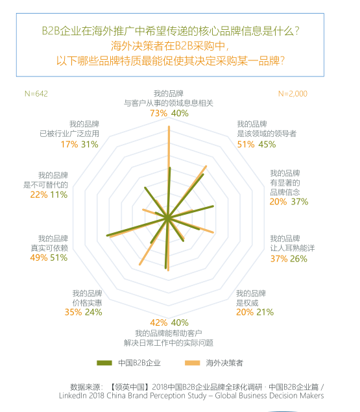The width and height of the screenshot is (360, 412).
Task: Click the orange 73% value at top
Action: (x=158, y=114)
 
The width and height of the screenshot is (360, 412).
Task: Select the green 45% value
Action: (x=267, y=144)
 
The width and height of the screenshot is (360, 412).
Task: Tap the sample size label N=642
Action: (x=36, y=93)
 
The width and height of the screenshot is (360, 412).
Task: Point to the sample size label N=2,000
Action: (x=293, y=93)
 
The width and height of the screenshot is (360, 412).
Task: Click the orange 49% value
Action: (x=39, y=258)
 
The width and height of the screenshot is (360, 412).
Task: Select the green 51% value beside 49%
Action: (x=59, y=258)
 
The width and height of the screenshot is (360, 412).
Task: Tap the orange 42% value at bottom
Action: (x=158, y=322)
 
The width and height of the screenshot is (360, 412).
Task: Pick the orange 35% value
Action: (x=73, y=312)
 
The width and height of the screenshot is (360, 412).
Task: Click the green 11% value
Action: (x=59, y=195)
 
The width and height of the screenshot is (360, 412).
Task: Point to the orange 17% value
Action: (x=69, y=144)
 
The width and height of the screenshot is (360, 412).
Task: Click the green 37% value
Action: (x=299, y=202)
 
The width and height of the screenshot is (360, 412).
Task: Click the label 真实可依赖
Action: (x=49, y=248)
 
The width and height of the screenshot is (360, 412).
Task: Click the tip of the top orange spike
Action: (x=169, y=127)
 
